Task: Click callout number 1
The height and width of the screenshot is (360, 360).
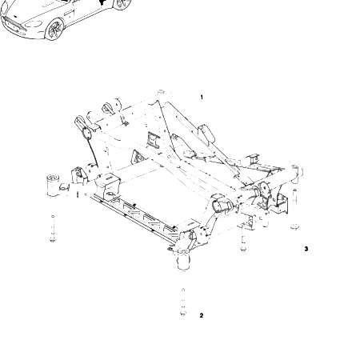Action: [202, 98]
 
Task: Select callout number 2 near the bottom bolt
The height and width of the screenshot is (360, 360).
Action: [202, 315]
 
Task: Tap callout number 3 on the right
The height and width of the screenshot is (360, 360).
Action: [306, 249]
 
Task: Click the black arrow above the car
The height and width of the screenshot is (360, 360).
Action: [102, 2]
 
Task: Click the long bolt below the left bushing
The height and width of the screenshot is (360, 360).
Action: [54, 230]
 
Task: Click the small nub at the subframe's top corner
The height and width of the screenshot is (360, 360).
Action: [161, 92]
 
